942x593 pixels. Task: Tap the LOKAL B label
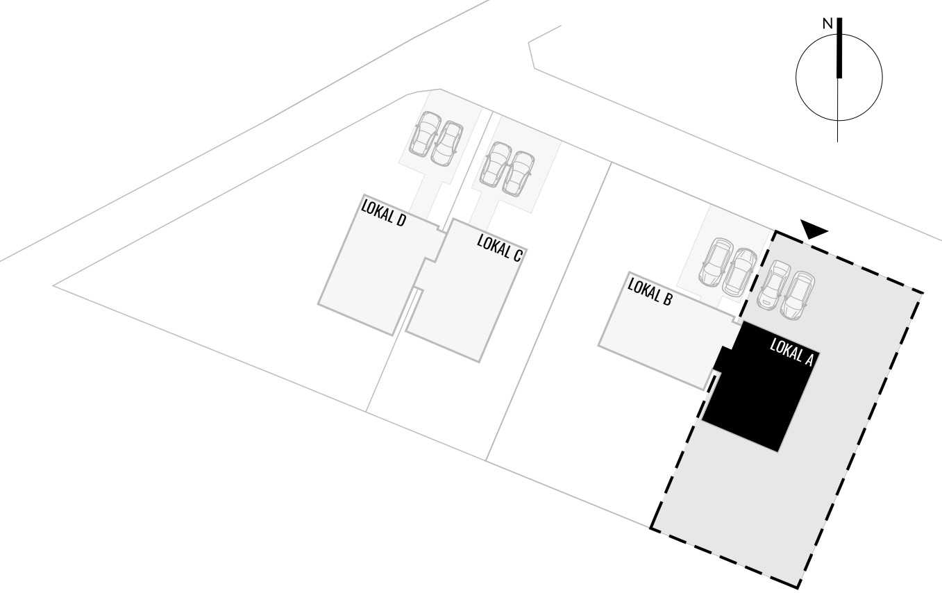[650, 292]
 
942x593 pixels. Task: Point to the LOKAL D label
[383, 213]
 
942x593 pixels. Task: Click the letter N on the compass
[827, 24]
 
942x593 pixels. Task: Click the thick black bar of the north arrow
[839, 47]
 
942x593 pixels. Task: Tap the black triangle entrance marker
[814, 228]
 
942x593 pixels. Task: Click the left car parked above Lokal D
[425, 133]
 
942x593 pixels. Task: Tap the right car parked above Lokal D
[447, 144]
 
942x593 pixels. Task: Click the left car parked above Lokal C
[496, 164]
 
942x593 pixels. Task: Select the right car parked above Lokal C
[519, 174]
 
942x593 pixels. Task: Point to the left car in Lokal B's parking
[716, 262]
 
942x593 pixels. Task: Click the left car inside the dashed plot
[774, 285]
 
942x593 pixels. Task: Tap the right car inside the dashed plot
[798, 296]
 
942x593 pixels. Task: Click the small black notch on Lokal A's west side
[722, 359]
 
